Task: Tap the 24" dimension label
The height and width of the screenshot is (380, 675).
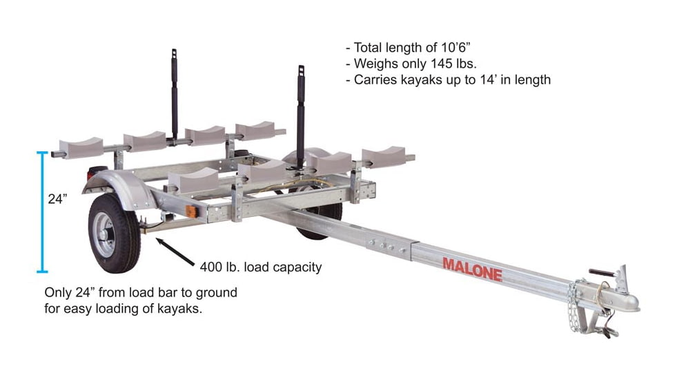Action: pos(57,200)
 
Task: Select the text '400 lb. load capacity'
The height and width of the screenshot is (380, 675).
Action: pos(260,267)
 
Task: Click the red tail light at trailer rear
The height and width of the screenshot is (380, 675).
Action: pos(97,173)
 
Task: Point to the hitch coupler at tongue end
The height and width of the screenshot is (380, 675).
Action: pos(614,294)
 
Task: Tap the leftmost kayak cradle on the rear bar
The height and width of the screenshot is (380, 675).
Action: pos(82,147)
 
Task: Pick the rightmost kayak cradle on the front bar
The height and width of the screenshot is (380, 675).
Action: pos(384,157)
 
